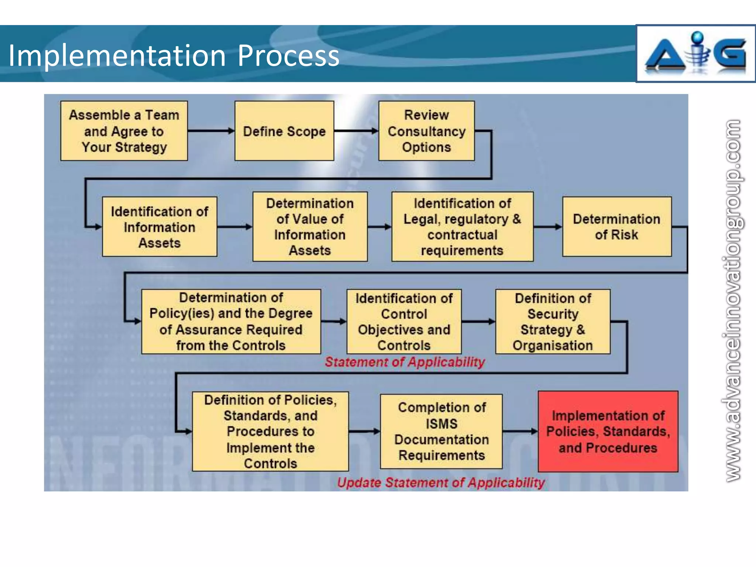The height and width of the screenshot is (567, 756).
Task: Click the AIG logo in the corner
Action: (x=695, y=54)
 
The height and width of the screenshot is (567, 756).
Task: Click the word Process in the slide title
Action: (x=288, y=55)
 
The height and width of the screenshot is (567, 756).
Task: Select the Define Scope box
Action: (x=284, y=131)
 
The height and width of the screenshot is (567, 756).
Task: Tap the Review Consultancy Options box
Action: (x=426, y=131)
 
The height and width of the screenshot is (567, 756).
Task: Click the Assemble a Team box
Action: (x=124, y=131)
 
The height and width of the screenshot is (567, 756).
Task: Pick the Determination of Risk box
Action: (x=616, y=227)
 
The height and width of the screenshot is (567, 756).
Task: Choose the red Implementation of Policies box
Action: (x=608, y=432)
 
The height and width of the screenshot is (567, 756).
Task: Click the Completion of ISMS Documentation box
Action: (x=441, y=432)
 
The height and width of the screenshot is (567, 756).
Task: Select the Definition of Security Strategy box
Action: (x=553, y=322)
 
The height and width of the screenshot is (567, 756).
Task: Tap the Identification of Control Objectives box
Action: (x=404, y=322)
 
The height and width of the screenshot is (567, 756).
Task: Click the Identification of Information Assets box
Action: (x=159, y=227)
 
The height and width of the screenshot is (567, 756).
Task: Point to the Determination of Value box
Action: (x=310, y=227)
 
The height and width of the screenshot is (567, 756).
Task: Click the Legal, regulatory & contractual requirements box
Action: (x=462, y=227)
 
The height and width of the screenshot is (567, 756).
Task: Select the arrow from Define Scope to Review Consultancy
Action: (x=356, y=131)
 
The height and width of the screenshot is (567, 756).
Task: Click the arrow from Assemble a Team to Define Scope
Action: (x=211, y=131)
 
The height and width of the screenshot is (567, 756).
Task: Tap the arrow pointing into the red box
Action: (x=520, y=431)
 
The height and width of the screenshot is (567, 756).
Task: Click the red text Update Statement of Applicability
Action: (x=441, y=482)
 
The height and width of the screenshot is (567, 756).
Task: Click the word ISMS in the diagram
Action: (x=441, y=423)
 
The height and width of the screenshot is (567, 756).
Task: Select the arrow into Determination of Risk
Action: (x=548, y=227)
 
